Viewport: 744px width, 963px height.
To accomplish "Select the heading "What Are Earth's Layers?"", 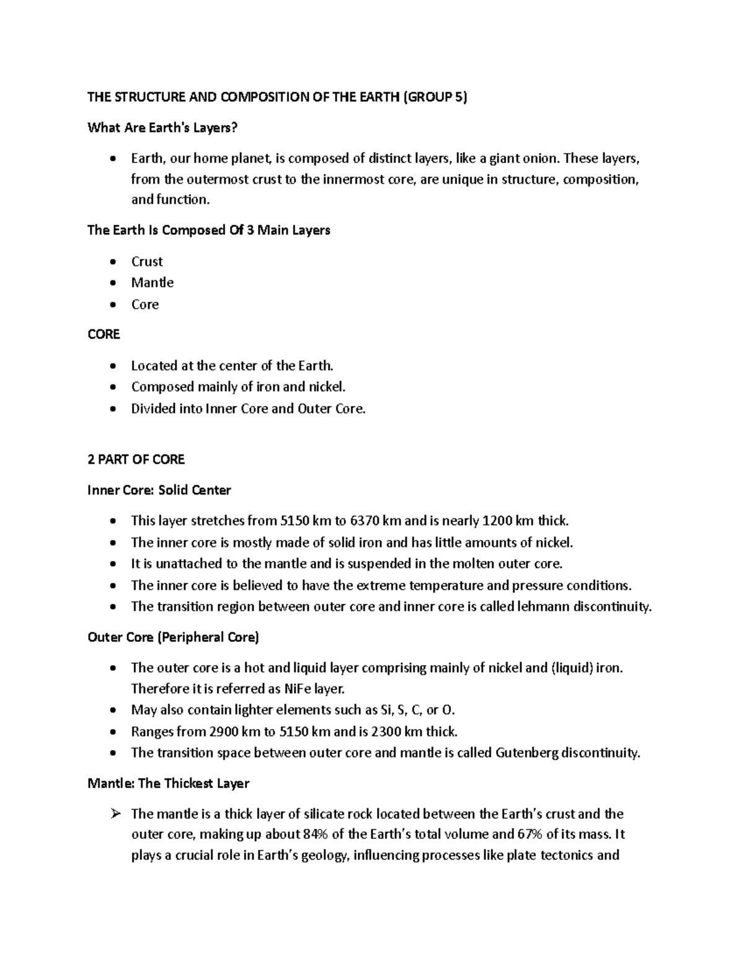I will [162, 128].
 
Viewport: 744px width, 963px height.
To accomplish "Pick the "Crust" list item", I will [147, 262].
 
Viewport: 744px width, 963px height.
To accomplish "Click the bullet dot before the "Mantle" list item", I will [112, 283].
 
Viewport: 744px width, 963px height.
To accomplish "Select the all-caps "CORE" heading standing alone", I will [104, 334].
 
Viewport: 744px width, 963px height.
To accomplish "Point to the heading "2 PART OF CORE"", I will [136, 459].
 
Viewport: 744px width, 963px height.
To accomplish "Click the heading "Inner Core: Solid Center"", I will [159, 490].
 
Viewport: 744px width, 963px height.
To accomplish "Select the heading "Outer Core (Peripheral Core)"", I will [174, 637].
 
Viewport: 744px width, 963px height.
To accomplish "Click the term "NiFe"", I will [298, 689].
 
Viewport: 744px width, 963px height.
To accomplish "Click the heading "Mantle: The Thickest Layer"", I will [168, 784].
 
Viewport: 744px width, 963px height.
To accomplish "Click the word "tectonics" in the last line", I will [567, 856].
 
